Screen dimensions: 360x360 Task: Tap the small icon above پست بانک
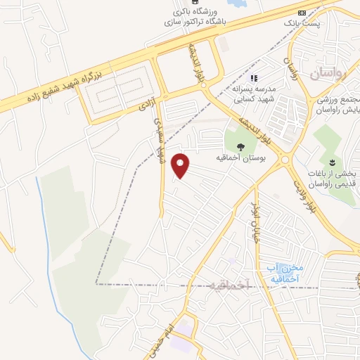[302, 13]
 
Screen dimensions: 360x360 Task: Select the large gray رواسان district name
[333, 73]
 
